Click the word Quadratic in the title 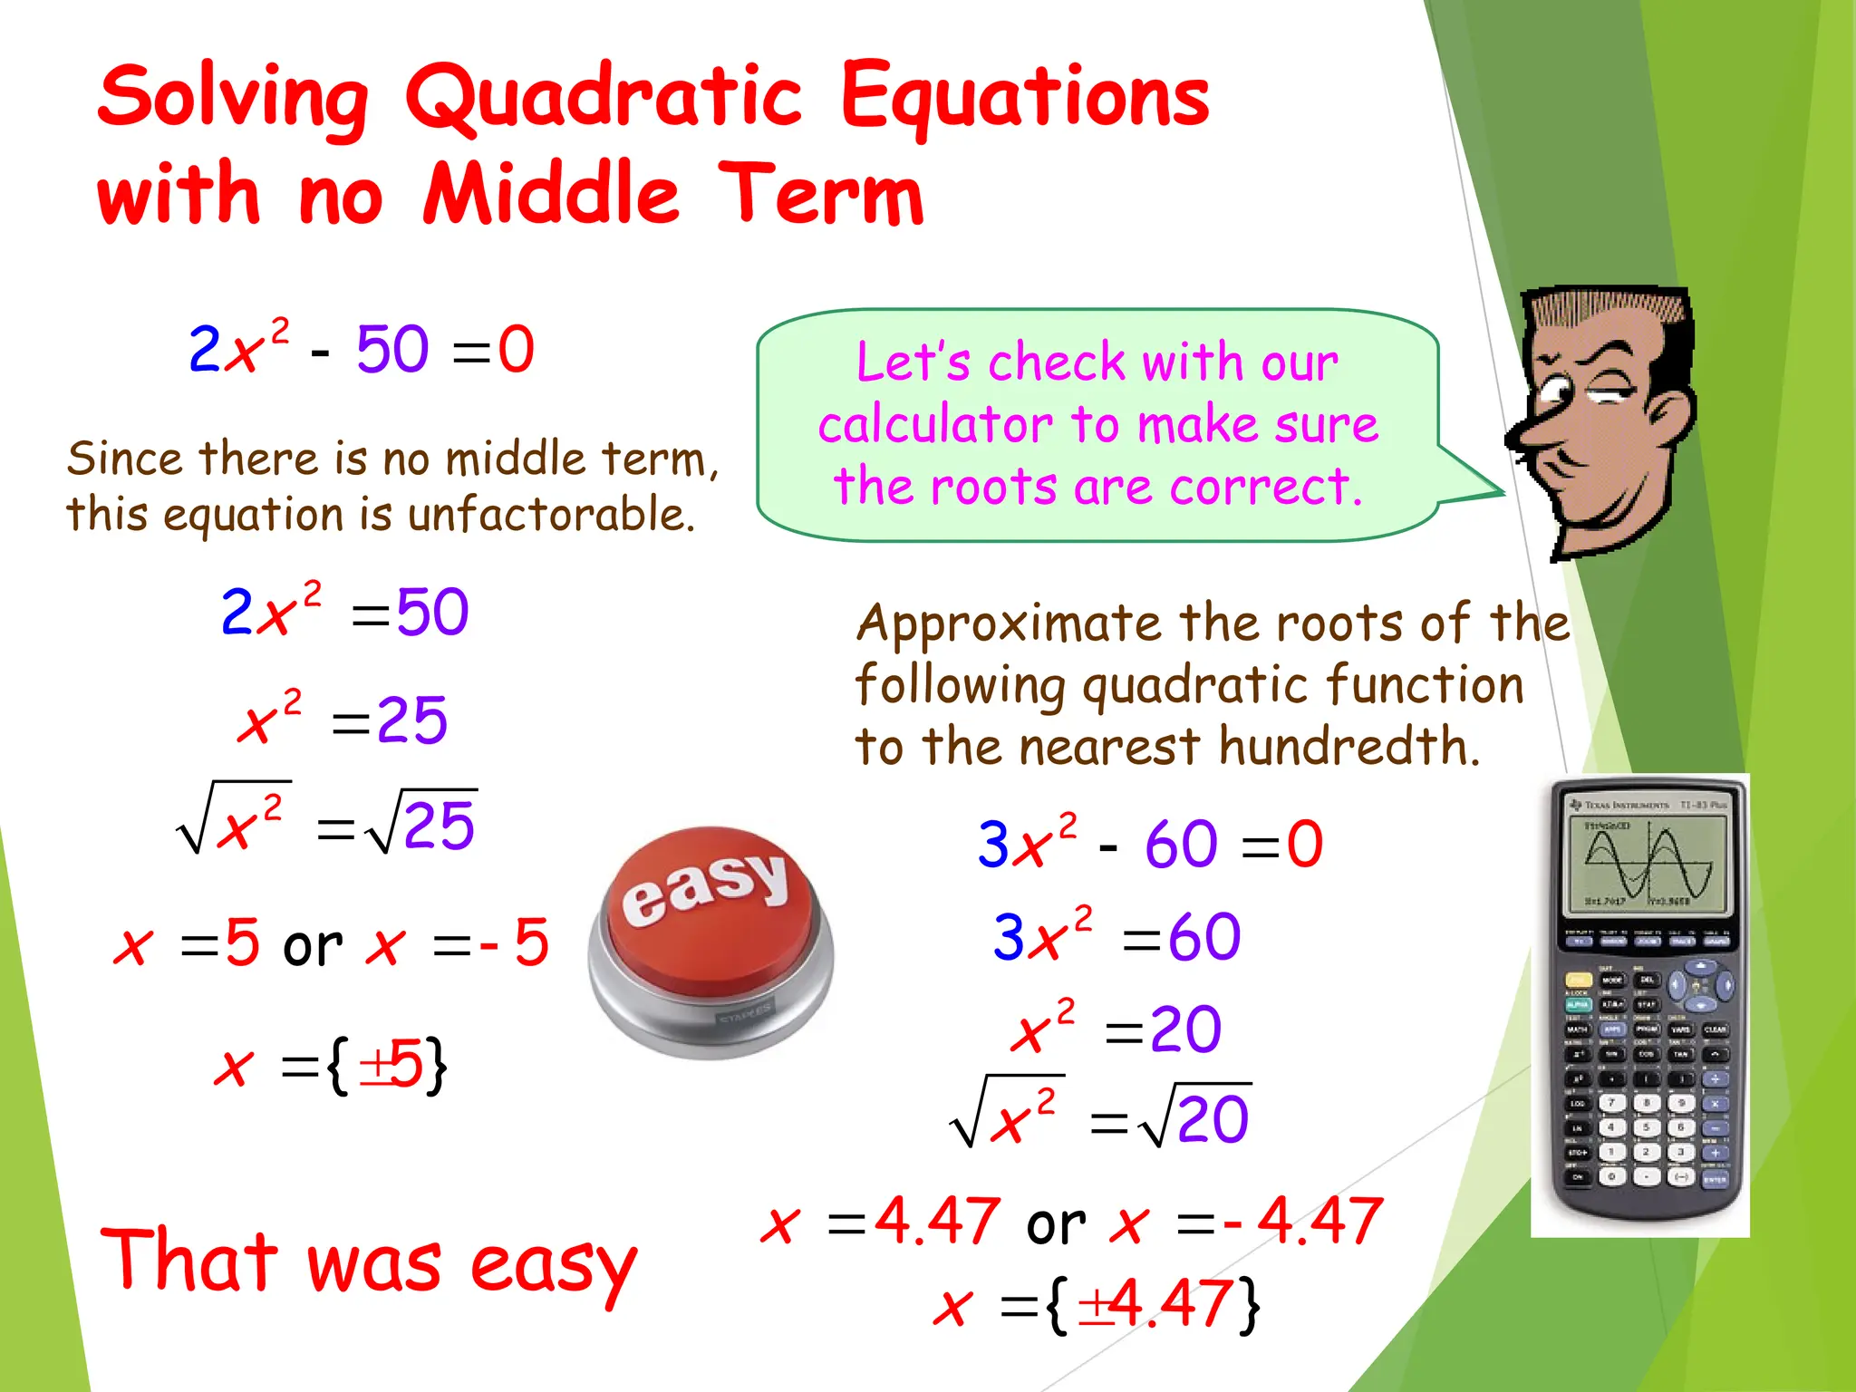coord(603,98)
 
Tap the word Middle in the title coord(551,194)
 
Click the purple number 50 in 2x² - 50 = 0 coord(391,350)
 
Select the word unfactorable coord(551,515)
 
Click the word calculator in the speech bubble coord(933,424)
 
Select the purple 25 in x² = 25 coord(411,721)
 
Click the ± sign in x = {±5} coord(375,1067)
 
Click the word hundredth coord(1348,747)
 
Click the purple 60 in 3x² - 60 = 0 coord(1181,845)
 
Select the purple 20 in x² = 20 coord(1185,1029)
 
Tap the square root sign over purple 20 coord(1156,1116)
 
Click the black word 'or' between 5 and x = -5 coord(313,946)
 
